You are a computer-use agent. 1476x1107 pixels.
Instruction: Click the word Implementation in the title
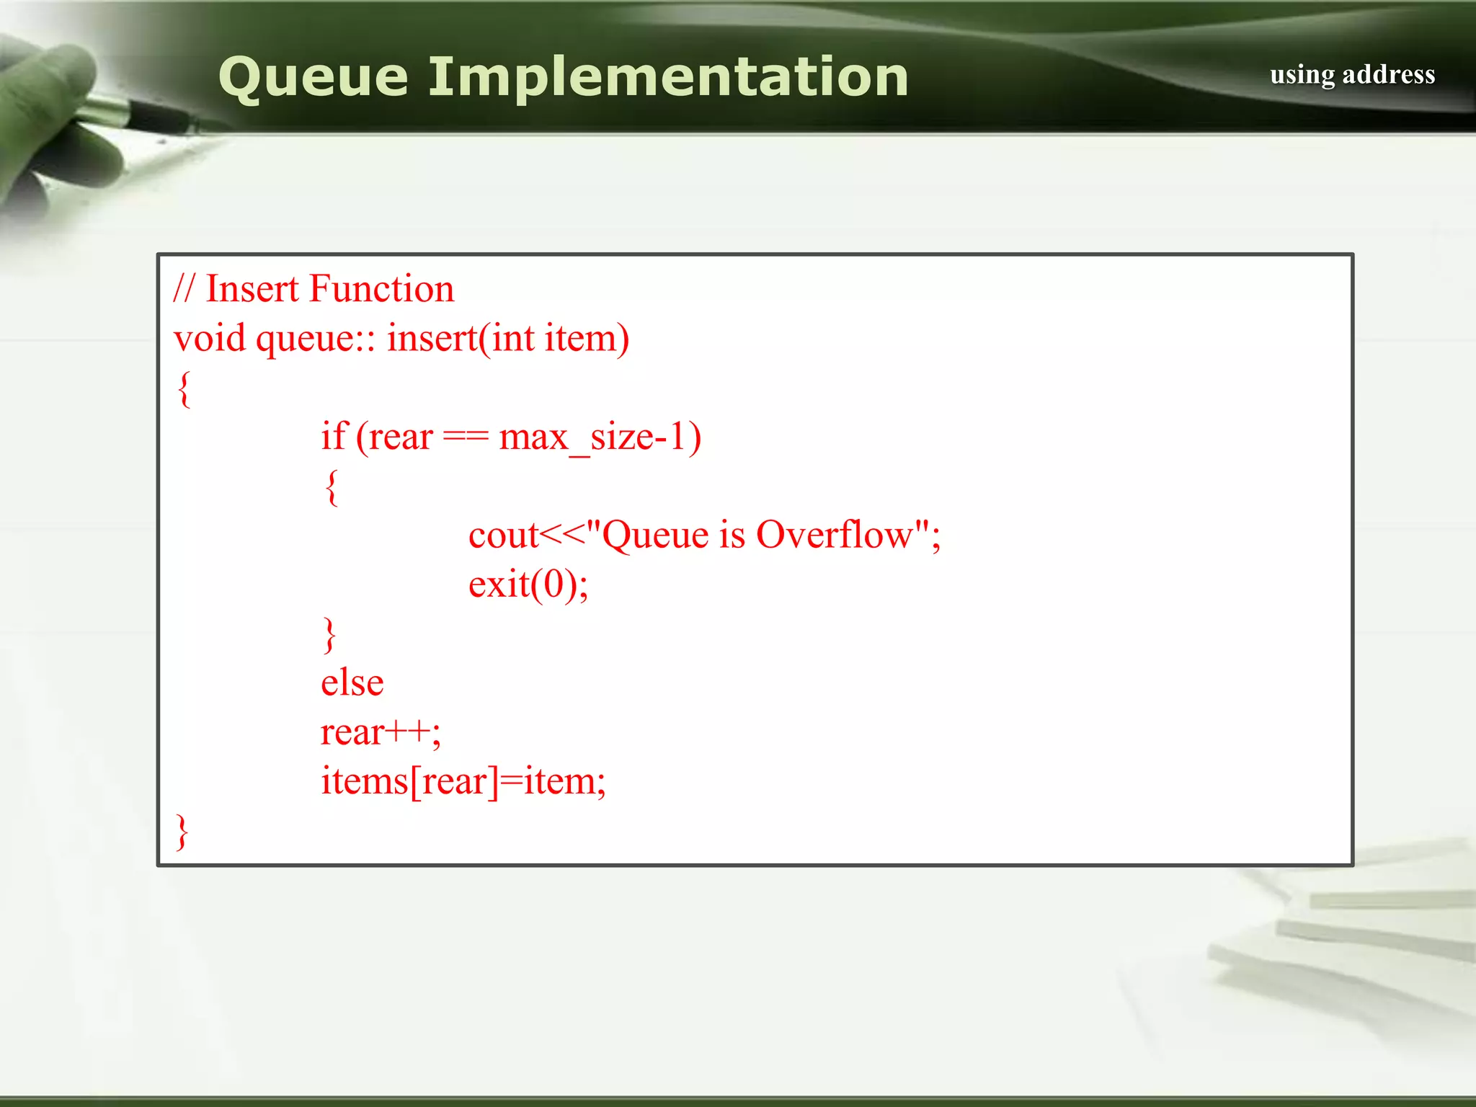[668, 77]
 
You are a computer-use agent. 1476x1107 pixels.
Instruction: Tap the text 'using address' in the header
[1352, 74]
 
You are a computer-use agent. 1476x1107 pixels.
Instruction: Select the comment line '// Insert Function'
[314, 289]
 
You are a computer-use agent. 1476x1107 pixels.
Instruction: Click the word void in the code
[210, 338]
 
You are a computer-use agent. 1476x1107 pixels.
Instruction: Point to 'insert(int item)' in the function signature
[508, 338]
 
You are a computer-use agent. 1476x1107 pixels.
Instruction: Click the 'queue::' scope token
[316, 339]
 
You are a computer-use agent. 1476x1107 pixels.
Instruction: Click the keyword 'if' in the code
[334, 436]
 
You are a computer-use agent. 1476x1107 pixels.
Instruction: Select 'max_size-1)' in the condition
[600, 437]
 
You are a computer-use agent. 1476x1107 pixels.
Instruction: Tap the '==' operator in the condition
[466, 437]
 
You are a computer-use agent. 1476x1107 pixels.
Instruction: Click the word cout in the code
[503, 535]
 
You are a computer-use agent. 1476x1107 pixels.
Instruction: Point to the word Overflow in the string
[834, 535]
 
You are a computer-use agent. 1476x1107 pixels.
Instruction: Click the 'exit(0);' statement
[528, 584]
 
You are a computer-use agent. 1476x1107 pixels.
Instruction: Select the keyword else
[352, 683]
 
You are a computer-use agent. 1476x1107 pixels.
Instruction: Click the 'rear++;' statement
[381, 732]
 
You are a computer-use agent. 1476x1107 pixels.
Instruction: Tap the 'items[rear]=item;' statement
[463, 781]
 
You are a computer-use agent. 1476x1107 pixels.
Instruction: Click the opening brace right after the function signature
[184, 389]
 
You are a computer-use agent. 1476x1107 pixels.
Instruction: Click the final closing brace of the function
[182, 832]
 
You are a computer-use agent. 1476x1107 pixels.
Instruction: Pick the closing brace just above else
[329, 634]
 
